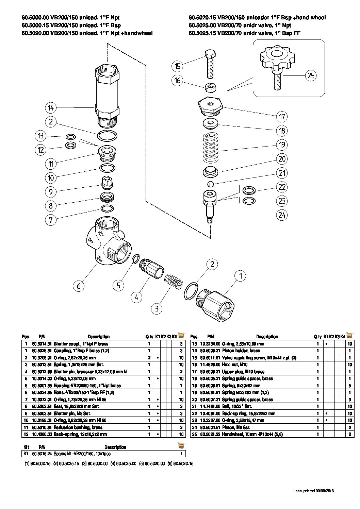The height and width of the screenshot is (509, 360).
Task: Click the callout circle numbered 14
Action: click(51, 108)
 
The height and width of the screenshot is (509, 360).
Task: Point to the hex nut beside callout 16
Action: click(210, 87)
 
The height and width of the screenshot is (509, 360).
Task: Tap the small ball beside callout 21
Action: click(210, 184)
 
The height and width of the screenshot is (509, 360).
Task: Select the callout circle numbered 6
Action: click(79, 286)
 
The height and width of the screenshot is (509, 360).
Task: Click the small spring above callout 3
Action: click(174, 281)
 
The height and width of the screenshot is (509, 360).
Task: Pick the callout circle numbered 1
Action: click(241, 276)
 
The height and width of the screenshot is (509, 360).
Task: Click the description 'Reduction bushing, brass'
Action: click(75, 427)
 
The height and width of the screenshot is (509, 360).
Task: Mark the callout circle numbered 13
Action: click(40, 136)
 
